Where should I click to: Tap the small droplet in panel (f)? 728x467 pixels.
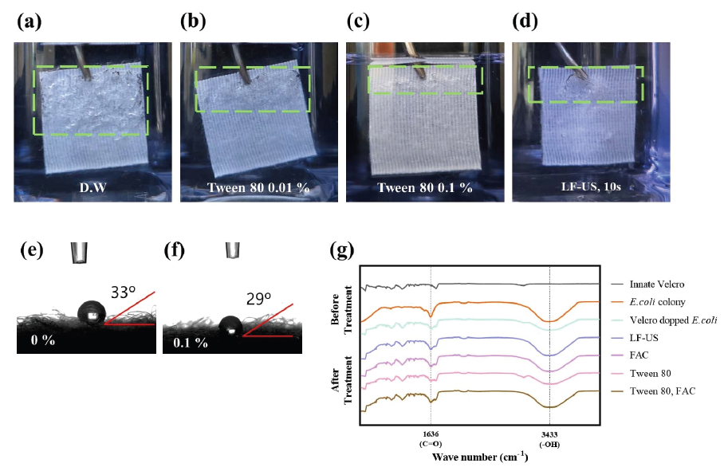[x=230, y=326]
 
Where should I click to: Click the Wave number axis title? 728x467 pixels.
[x=478, y=457]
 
